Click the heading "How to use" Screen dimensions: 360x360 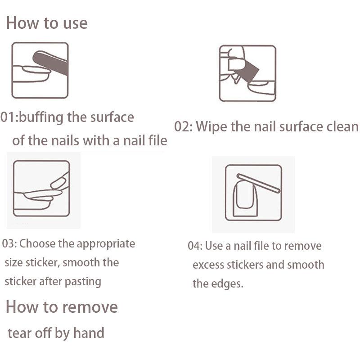click(47, 23)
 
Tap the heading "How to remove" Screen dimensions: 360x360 click(62, 307)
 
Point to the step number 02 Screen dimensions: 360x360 click(182, 126)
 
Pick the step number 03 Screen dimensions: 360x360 click(8, 243)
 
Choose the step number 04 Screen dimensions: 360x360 click(194, 246)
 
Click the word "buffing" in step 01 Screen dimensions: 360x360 click(41, 117)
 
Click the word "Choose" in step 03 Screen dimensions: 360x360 click(37, 243)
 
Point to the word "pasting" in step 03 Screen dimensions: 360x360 click(83, 282)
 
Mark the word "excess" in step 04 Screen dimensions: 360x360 click(208, 265)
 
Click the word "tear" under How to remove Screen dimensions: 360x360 click(19, 333)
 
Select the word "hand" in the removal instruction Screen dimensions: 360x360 click(89, 333)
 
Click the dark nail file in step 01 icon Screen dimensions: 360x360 click(50, 62)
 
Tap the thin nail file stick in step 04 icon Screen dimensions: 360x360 click(258, 183)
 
